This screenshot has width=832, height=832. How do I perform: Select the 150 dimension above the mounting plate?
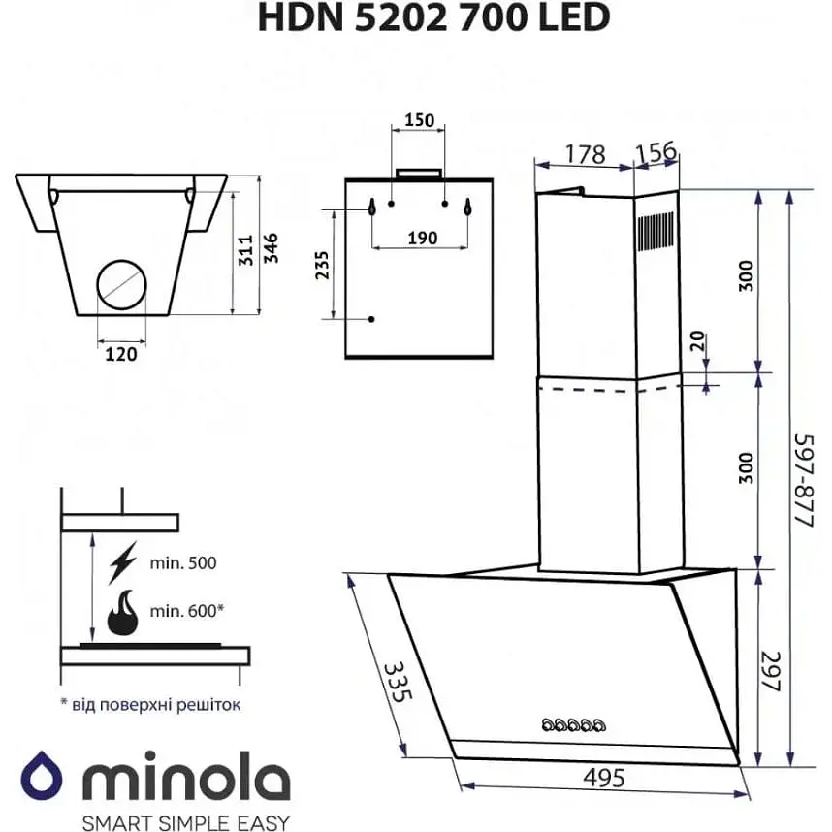tap(418, 120)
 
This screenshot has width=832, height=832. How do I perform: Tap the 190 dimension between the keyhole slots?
tap(421, 238)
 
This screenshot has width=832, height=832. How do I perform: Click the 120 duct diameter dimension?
tap(121, 354)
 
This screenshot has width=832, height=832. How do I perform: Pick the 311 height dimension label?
tap(246, 250)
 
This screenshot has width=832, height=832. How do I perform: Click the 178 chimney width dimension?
tap(585, 154)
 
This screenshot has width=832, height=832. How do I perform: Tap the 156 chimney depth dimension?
tap(656, 154)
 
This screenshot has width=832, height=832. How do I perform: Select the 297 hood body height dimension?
tap(771, 669)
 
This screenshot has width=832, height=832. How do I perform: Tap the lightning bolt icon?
tap(124, 562)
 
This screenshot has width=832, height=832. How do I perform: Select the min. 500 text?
tap(184, 562)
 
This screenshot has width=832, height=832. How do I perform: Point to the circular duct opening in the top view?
tap(121, 287)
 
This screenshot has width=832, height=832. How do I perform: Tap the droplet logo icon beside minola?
tap(42, 778)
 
